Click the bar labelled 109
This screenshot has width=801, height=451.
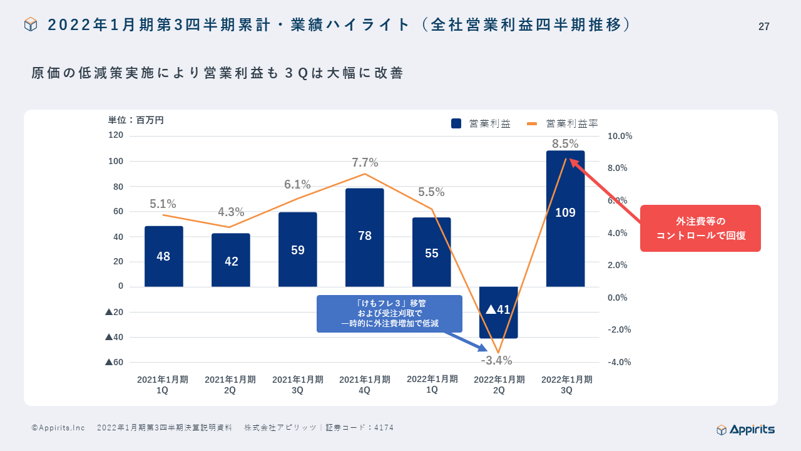(x=565, y=219)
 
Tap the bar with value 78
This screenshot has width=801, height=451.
(x=364, y=237)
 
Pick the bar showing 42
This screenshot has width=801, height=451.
(x=231, y=260)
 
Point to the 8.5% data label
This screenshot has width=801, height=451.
(x=565, y=144)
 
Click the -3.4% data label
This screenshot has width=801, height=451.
(x=496, y=361)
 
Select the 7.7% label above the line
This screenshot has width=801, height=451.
(x=365, y=163)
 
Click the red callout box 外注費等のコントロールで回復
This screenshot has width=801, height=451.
(x=700, y=229)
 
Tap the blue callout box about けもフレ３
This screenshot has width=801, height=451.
(x=389, y=314)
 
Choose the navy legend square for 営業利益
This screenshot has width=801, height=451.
(x=456, y=124)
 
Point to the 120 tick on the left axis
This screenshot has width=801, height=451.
(x=116, y=135)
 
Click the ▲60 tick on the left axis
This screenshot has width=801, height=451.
(x=115, y=362)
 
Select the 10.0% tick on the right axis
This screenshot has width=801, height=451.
(x=620, y=136)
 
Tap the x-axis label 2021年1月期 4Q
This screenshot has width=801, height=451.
(x=365, y=385)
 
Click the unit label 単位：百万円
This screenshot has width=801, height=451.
(x=136, y=120)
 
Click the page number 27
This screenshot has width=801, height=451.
(x=763, y=26)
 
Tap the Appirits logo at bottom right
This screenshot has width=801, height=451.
(x=745, y=429)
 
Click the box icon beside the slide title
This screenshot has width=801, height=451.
(x=31, y=24)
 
